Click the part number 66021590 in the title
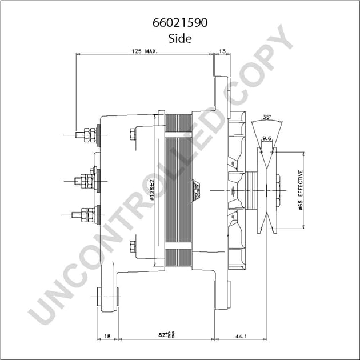coord(179,23)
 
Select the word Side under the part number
coord(179,39)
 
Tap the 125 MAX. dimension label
coord(144,51)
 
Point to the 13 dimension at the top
coord(222,51)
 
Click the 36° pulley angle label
coord(266,117)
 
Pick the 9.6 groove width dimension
coord(266,138)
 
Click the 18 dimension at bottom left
coord(107,337)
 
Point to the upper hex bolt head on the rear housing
coord(133,135)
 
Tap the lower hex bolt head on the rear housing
coord(133,246)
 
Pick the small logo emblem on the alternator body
coord(195,189)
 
